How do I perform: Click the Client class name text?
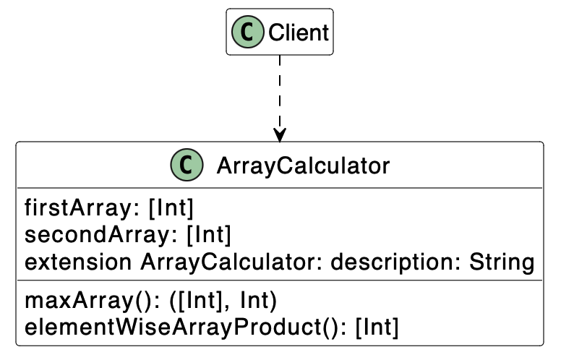pos(298,33)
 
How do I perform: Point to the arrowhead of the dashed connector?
pos(280,135)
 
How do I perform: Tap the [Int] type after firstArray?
pos(171,208)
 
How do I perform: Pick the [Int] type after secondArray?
pos(209,235)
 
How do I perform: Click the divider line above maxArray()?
pos(280,280)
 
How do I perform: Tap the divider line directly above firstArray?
pos(280,188)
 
